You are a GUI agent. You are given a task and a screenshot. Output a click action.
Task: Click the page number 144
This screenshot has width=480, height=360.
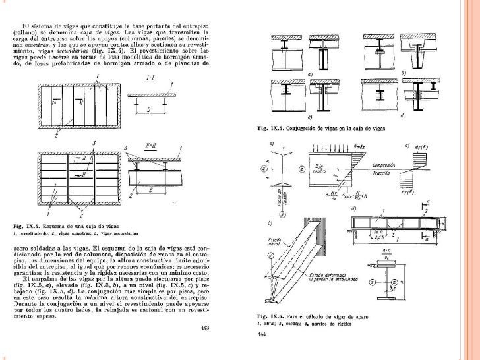click(262, 334)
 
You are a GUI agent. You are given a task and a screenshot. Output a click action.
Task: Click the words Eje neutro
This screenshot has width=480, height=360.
click(321, 165)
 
